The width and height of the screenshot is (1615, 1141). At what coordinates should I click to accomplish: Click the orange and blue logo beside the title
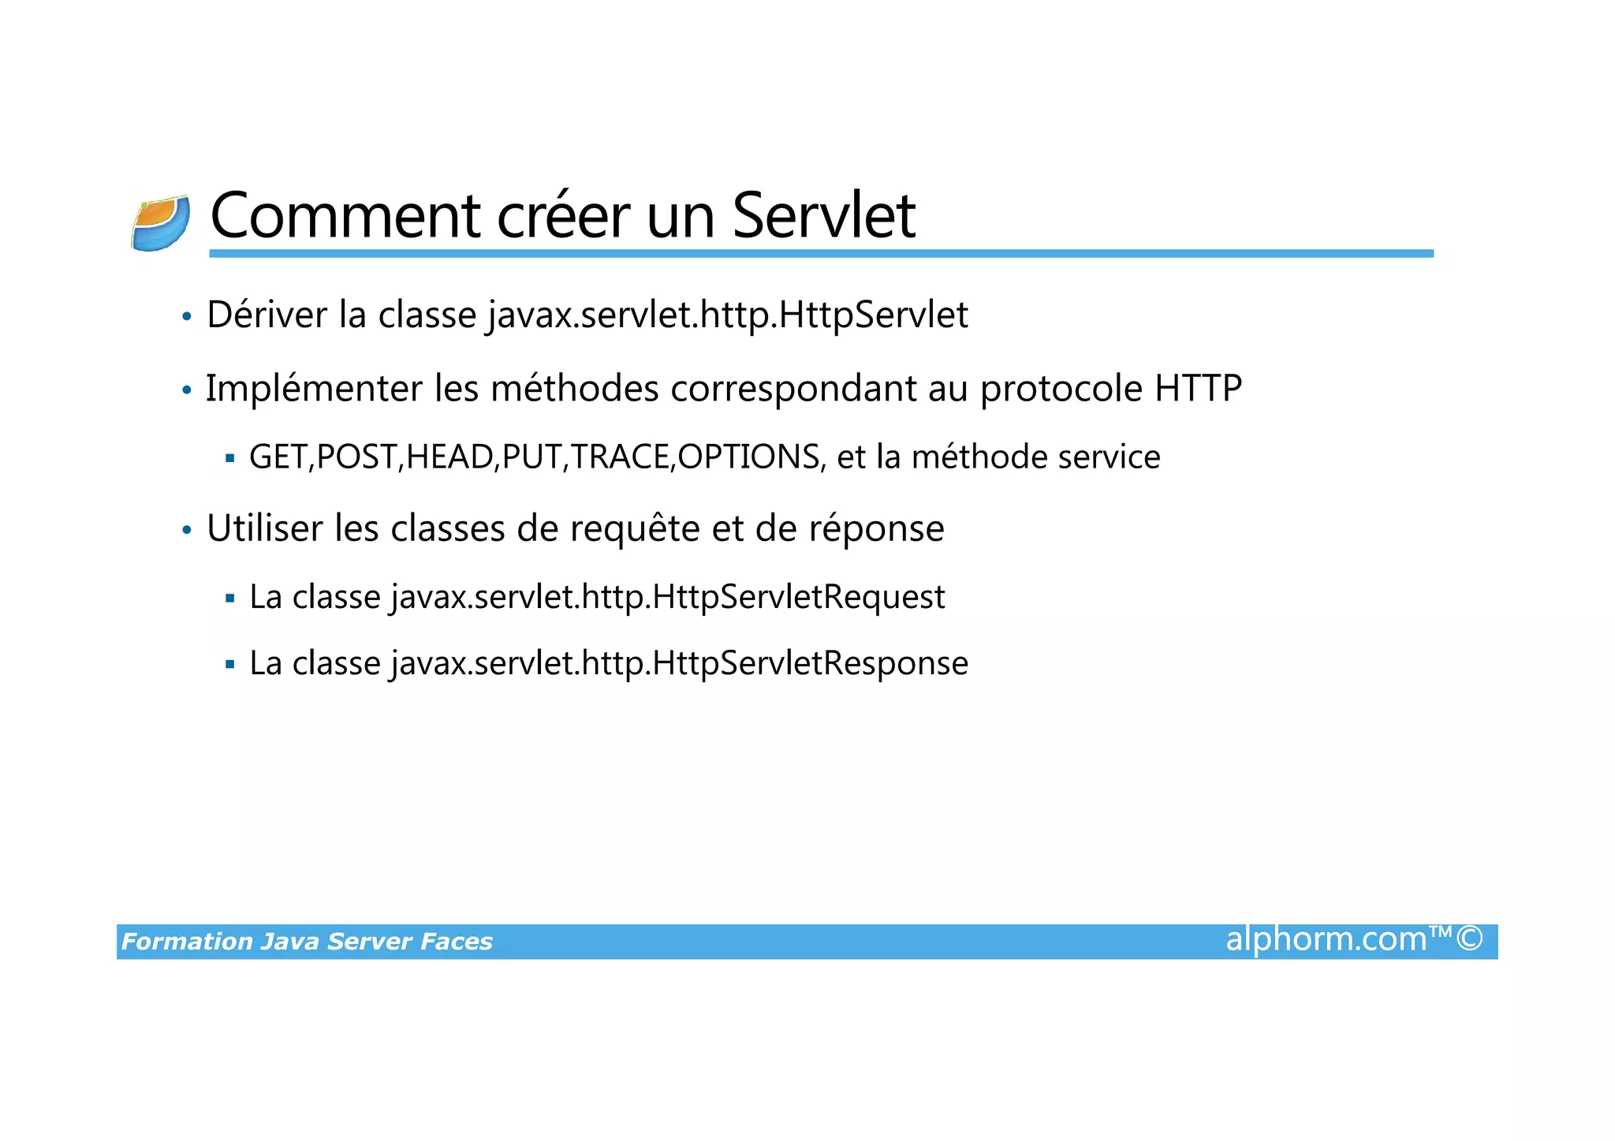pyautogui.click(x=161, y=223)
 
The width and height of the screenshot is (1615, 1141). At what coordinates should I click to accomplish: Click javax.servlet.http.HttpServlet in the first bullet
pyautogui.click(x=727, y=315)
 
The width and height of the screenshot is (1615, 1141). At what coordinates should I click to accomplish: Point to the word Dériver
pyautogui.click(x=267, y=315)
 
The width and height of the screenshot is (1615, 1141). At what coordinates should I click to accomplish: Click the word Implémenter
pyautogui.click(x=314, y=388)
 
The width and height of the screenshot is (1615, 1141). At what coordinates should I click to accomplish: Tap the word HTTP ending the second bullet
pyautogui.click(x=1198, y=388)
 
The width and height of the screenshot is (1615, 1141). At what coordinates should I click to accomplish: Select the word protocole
pyautogui.click(x=1061, y=390)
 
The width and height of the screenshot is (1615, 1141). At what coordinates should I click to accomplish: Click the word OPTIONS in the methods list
pyautogui.click(x=748, y=457)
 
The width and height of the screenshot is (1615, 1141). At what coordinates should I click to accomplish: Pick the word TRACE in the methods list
pyautogui.click(x=620, y=457)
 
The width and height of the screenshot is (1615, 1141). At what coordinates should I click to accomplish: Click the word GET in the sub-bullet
pyautogui.click(x=278, y=457)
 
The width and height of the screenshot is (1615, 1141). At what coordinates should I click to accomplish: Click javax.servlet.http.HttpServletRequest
pyautogui.click(x=668, y=597)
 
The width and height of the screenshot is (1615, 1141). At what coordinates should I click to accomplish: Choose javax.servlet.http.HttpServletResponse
pyautogui.click(x=679, y=663)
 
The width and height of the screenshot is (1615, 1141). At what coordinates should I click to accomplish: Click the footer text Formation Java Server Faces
pyautogui.click(x=307, y=942)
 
